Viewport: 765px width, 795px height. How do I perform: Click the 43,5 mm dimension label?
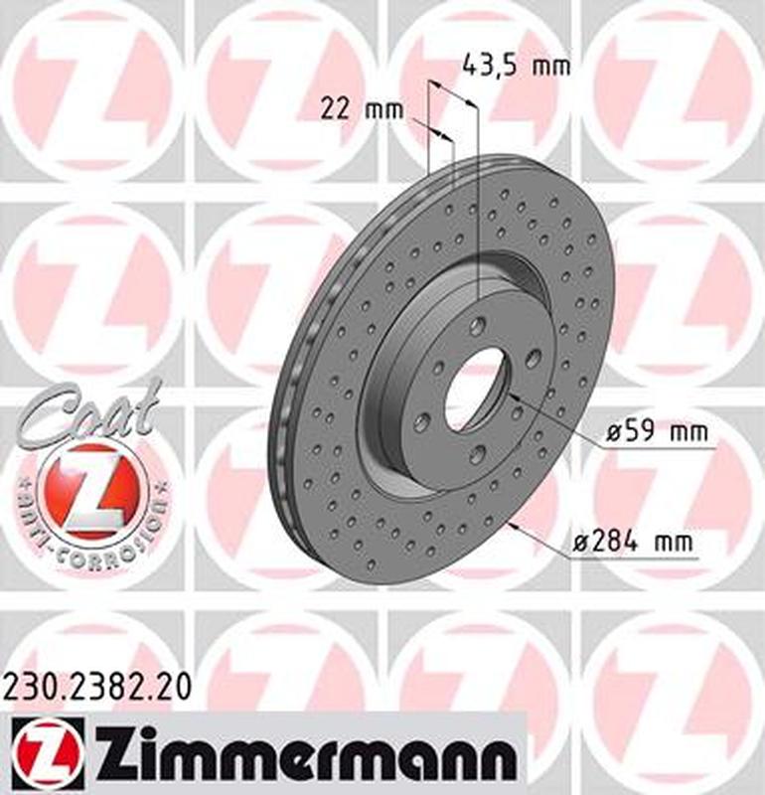click(517, 67)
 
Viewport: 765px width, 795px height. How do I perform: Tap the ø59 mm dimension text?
click(657, 432)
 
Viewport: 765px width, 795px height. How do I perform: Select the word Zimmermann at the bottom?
click(307, 757)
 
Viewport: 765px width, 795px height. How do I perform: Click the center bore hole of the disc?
click(475, 389)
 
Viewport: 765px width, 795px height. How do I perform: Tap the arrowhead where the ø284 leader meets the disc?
click(513, 524)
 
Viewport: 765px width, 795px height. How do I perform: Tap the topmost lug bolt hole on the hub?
click(480, 324)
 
